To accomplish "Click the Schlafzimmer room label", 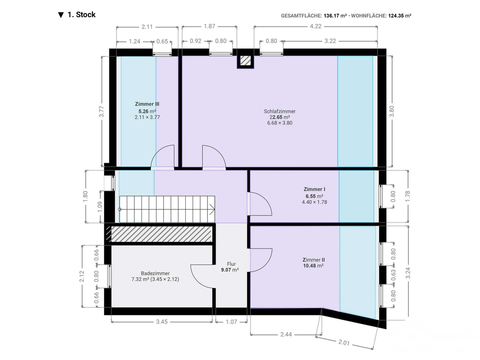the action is pos(279,111).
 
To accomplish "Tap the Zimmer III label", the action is pos(147,104).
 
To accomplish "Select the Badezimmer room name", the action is pos(155,274).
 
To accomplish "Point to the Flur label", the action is pos(231,264).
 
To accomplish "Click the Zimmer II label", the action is pos(313,260).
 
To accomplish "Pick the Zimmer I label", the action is pos(314,189).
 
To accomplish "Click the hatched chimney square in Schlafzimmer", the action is pos(245,60).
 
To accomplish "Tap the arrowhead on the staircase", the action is pos(212,209).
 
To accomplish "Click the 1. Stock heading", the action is pos(82,15).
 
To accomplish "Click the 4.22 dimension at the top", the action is pos(316,26).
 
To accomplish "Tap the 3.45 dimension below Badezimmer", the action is pos(162,322).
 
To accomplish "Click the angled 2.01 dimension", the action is pos(344,342).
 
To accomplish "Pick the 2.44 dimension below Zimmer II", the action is pos(286,335).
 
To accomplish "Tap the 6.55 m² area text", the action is pos(314,196).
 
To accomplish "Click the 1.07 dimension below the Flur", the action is pos(231,322).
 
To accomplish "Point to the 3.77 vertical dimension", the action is pos(102,111).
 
